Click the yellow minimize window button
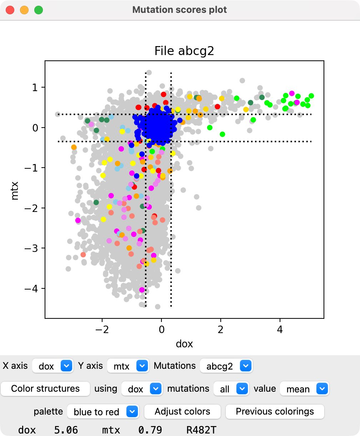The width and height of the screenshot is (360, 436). [x=24, y=10]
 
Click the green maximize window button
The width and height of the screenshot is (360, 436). [x=38, y=10]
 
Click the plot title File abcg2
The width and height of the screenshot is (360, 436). [x=184, y=51]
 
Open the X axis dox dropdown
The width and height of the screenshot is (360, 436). [x=53, y=366]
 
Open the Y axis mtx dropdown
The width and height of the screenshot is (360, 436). [x=128, y=366]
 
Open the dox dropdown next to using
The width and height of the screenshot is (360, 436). [x=142, y=389]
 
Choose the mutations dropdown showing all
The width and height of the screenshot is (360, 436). [x=231, y=389]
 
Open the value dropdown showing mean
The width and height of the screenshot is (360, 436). [x=304, y=389]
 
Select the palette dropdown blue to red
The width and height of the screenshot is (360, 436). [x=103, y=412]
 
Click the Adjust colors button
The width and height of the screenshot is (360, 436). [x=182, y=412]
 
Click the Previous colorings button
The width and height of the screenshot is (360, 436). [x=275, y=412]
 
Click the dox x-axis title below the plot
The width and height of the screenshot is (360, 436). [x=184, y=344]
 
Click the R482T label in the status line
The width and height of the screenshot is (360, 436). [x=201, y=430]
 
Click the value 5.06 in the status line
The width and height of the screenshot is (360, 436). [x=66, y=430]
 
